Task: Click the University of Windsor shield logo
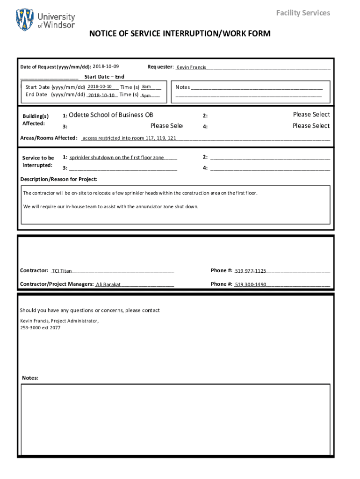25,20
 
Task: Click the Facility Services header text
303,13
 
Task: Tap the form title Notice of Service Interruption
180,34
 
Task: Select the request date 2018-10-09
106,67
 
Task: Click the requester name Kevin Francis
191,67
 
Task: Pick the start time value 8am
146,87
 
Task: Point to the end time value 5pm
146,95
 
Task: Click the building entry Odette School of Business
111,115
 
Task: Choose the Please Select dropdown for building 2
311,115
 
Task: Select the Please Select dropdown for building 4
311,126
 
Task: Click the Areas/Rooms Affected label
49,138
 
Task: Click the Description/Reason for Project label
59,179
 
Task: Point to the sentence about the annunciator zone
111,206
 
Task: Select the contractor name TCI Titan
62,271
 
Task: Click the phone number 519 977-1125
251,271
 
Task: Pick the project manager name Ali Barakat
108,284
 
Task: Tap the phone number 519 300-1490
251,284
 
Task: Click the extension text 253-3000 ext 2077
40,328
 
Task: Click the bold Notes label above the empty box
30,378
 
